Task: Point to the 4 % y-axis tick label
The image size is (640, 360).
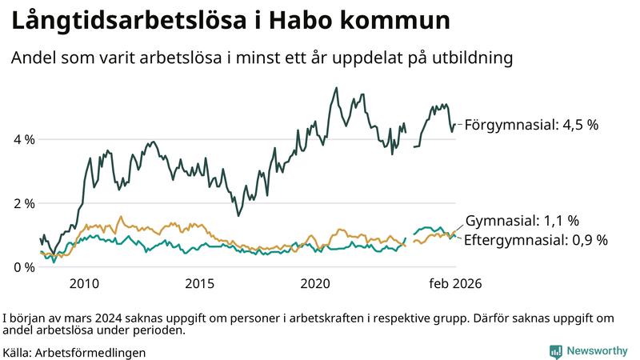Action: click(25, 139)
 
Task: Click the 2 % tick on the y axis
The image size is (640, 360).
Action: click(25, 203)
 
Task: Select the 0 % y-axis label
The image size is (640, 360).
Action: click(25, 267)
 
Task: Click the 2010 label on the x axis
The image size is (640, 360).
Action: click(84, 284)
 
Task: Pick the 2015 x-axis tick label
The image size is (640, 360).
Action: click(200, 284)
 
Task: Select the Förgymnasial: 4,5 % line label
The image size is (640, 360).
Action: click(531, 125)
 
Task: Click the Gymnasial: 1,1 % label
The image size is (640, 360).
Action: click(522, 221)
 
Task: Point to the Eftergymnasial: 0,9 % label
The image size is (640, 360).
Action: click(536, 239)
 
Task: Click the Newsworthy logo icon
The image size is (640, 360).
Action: click(555, 351)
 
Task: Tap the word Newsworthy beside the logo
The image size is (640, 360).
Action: click(598, 351)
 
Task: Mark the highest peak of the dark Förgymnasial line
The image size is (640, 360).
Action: click(336, 88)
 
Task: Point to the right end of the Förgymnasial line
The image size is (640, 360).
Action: click(455, 124)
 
